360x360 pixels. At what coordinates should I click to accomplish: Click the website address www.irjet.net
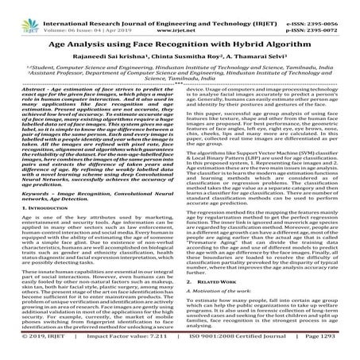(x=179, y=14)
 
